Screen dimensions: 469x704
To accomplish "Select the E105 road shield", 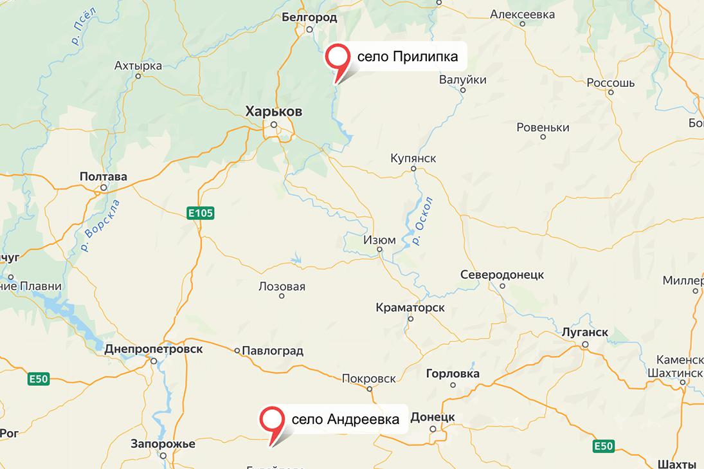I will coord(201,213).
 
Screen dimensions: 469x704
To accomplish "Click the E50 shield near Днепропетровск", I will coord(39,380).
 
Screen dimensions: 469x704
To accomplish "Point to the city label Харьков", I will coord(274,112).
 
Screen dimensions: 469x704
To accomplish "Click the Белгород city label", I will coord(309,17).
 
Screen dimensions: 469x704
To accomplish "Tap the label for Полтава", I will coord(103,176).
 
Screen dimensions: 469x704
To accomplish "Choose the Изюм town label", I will coord(379,240).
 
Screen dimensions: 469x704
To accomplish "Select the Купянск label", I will coord(413,158).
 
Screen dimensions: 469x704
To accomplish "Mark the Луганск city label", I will coord(584,333).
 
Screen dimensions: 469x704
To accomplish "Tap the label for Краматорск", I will coord(410,308).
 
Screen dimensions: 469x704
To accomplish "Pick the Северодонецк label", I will coord(502,275).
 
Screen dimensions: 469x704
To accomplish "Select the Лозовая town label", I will coord(282,287).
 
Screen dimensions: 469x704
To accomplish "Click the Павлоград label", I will coord(273,351).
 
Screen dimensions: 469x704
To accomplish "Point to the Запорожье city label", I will coord(163,443).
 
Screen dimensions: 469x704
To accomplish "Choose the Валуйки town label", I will coord(462,80).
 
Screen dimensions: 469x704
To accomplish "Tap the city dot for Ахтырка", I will coord(138,75).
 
